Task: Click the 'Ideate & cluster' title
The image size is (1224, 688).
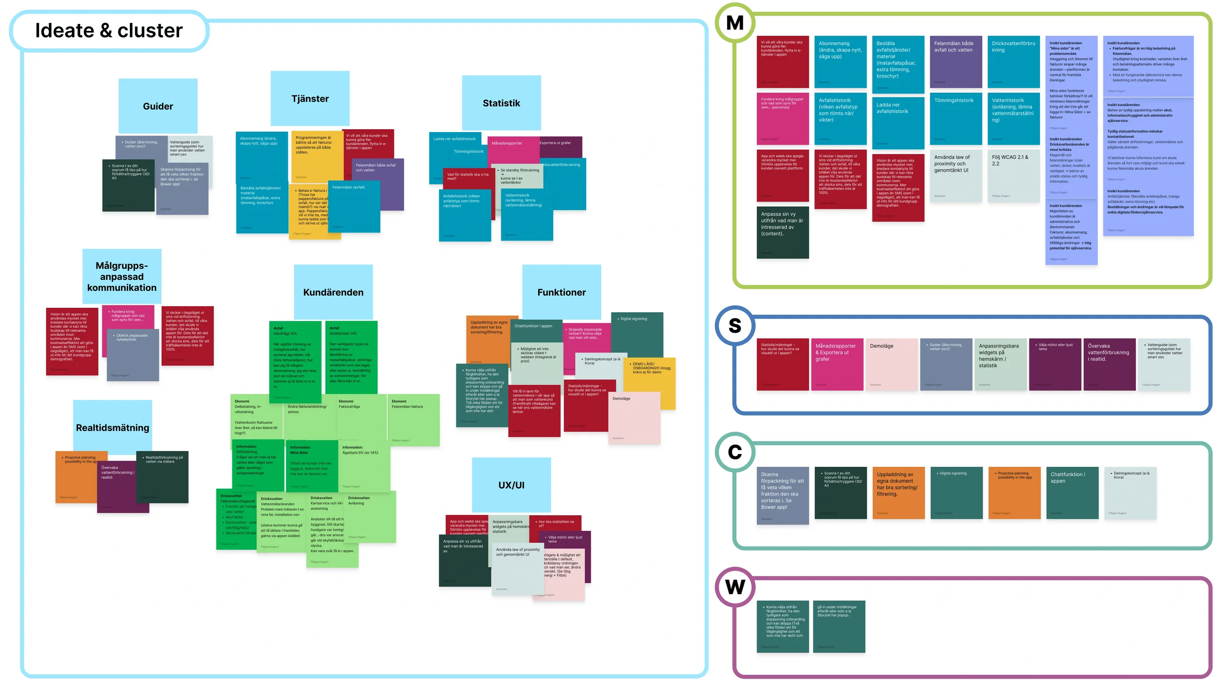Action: (109, 30)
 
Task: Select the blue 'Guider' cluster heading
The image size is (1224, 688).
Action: (158, 106)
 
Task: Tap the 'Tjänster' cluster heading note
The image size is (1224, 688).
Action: (310, 98)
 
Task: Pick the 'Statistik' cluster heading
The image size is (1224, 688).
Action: (501, 103)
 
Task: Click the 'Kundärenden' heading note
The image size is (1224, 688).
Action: (333, 292)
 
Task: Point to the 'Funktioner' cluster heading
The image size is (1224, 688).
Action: (561, 292)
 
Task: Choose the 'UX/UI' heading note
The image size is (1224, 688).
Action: (511, 485)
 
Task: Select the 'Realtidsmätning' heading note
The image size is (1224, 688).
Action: (113, 427)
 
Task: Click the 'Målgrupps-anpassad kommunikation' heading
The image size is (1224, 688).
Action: (122, 276)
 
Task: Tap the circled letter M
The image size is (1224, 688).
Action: (734, 23)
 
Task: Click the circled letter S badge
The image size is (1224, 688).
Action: (734, 325)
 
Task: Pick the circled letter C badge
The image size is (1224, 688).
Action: (734, 452)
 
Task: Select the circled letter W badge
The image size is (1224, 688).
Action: (734, 586)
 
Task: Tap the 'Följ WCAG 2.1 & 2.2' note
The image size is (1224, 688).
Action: (1013, 176)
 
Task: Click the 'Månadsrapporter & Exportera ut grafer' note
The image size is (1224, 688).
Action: (837, 365)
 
